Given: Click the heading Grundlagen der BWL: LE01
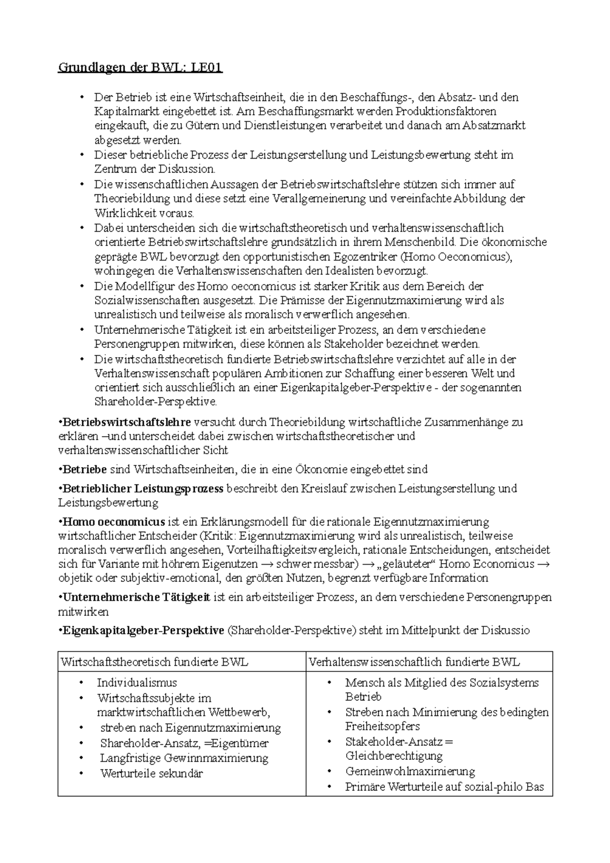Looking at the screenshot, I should (140, 68).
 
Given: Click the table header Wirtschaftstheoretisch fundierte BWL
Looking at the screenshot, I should (155, 662).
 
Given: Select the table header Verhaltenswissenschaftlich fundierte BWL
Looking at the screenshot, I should (414, 662).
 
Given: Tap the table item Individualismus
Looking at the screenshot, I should (137, 683).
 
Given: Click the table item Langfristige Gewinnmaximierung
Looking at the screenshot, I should (184, 758).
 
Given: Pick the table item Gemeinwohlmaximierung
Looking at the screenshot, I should (410, 772).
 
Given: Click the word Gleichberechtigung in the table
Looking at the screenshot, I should (394, 756).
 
